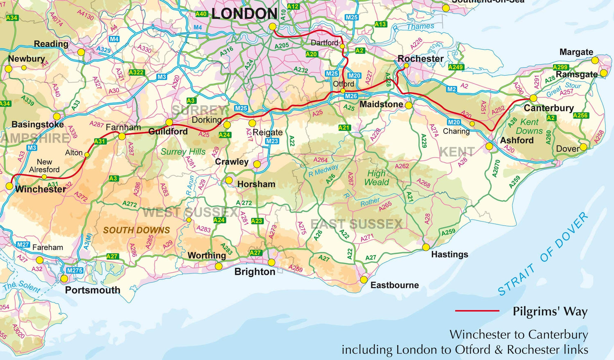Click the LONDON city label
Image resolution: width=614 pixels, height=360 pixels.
point(244,14)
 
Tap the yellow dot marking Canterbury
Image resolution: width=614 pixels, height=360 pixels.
point(533,98)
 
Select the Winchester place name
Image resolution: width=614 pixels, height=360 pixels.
point(40,189)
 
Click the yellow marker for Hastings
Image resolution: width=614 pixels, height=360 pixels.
point(426,247)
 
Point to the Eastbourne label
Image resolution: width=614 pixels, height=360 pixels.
point(395,285)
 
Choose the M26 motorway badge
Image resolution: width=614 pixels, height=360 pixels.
point(351,96)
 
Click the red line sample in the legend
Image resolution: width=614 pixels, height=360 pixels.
point(477,311)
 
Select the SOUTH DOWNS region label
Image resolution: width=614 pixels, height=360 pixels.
point(136,230)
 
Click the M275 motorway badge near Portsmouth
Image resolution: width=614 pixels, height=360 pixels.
point(74,270)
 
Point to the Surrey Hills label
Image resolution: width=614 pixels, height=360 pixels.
point(183,152)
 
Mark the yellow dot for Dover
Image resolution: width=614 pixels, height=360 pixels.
point(583,147)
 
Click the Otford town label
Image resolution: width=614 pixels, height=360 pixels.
point(343,84)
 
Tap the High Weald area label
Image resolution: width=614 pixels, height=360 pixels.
point(377,178)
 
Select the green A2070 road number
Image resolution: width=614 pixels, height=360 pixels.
point(496,168)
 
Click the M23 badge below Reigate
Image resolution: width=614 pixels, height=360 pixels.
point(272,141)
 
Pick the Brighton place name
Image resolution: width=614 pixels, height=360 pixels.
point(255,272)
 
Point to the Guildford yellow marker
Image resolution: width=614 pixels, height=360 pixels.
point(169,122)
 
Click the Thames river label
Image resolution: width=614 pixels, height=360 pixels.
point(420,27)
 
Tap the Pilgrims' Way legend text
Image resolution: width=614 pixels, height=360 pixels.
point(550,312)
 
